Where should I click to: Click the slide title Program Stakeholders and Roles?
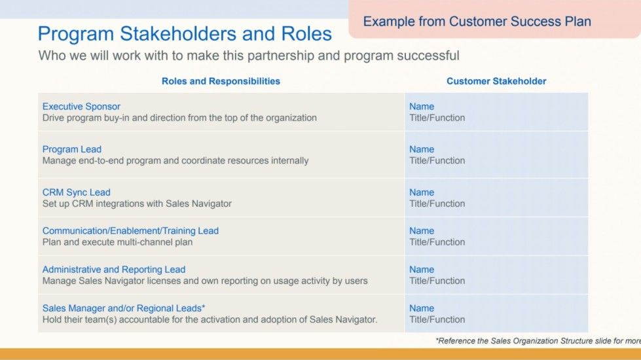tap(185, 34)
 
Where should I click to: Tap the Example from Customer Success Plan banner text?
tap(477, 22)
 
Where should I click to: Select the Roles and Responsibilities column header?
tap(221, 81)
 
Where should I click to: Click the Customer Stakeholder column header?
tap(496, 81)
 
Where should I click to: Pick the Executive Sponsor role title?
tap(81, 106)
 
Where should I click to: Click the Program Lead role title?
tap(72, 149)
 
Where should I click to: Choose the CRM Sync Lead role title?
tap(76, 192)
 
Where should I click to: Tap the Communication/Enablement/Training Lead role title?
tap(130, 230)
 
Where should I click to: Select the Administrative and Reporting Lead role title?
tap(114, 269)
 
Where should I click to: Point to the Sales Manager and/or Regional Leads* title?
tap(124, 308)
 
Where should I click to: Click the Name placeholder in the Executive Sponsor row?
tap(422, 106)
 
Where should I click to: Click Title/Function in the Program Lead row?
tap(437, 160)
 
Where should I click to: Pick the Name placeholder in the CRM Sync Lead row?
tap(422, 192)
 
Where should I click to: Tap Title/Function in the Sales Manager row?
tap(437, 319)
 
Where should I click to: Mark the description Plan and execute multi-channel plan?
tap(117, 242)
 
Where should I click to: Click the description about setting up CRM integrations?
tap(137, 204)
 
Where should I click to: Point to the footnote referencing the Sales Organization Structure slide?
tap(538, 341)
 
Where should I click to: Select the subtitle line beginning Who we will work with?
tap(249, 56)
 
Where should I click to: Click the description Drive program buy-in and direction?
tap(179, 118)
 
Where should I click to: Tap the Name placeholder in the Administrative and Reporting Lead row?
tap(422, 269)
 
